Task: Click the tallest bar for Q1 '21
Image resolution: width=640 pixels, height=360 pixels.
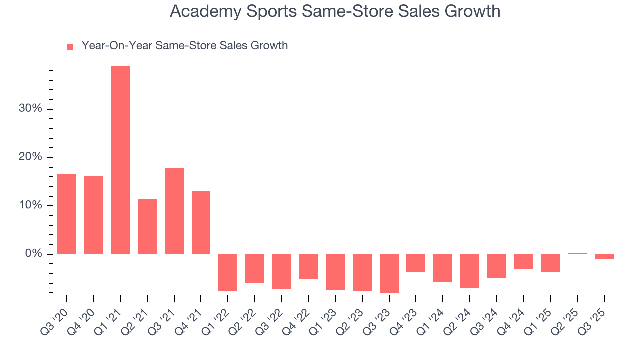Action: (x=120, y=160)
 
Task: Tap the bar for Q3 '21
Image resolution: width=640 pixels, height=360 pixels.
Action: (x=174, y=211)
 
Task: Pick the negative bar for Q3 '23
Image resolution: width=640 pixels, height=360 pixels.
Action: (x=389, y=273)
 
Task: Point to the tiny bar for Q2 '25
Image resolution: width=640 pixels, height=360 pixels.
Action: (x=577, y=254)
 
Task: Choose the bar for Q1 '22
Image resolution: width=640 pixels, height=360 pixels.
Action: (x=228, y=272)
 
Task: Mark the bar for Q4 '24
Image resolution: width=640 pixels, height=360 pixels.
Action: (x=523, y=261)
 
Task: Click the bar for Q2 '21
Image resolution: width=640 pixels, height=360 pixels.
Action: (x=147, y=226)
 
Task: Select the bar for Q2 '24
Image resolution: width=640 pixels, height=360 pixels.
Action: (x=470, y=271)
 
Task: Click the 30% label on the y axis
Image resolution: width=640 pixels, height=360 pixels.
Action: (x=30, y=109)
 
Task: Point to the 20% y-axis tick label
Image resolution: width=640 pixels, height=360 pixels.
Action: (x=30, y=157)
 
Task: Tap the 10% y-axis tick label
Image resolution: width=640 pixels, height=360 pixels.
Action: (x=30, y=206)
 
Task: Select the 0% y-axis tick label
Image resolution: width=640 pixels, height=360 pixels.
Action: (x=34, y=254)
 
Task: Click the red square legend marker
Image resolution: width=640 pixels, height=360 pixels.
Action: (x=70, y=46)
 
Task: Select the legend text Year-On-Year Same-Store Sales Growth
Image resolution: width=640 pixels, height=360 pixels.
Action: (x=185, y=46)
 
